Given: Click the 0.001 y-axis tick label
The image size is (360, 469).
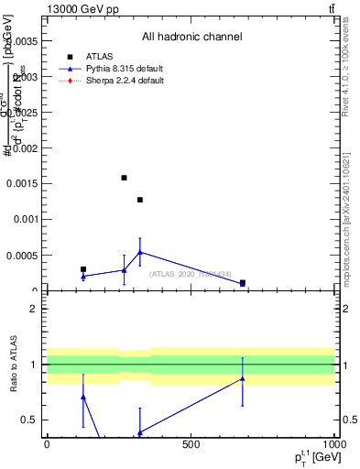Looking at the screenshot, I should point(25,220).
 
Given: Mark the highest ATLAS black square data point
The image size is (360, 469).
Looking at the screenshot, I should point(124,178).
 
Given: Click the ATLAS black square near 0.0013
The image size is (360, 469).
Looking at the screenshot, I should point(140,200).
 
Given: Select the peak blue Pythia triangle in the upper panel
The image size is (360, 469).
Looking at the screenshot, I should point(140,252).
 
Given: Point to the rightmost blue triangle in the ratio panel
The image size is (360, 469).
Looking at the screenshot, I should point(243,378).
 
